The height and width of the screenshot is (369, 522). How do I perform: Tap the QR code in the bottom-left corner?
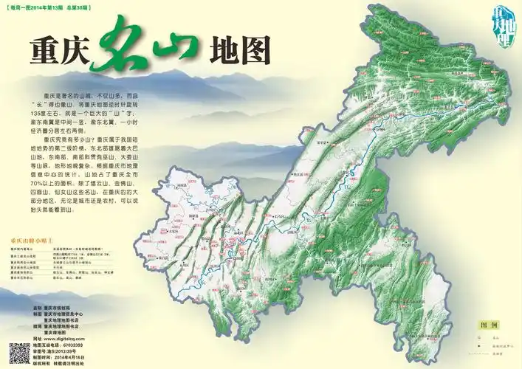click(18, 354)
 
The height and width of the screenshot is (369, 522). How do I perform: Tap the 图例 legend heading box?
click(488, 325)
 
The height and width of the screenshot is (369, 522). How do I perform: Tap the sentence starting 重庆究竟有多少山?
click(70, 139)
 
